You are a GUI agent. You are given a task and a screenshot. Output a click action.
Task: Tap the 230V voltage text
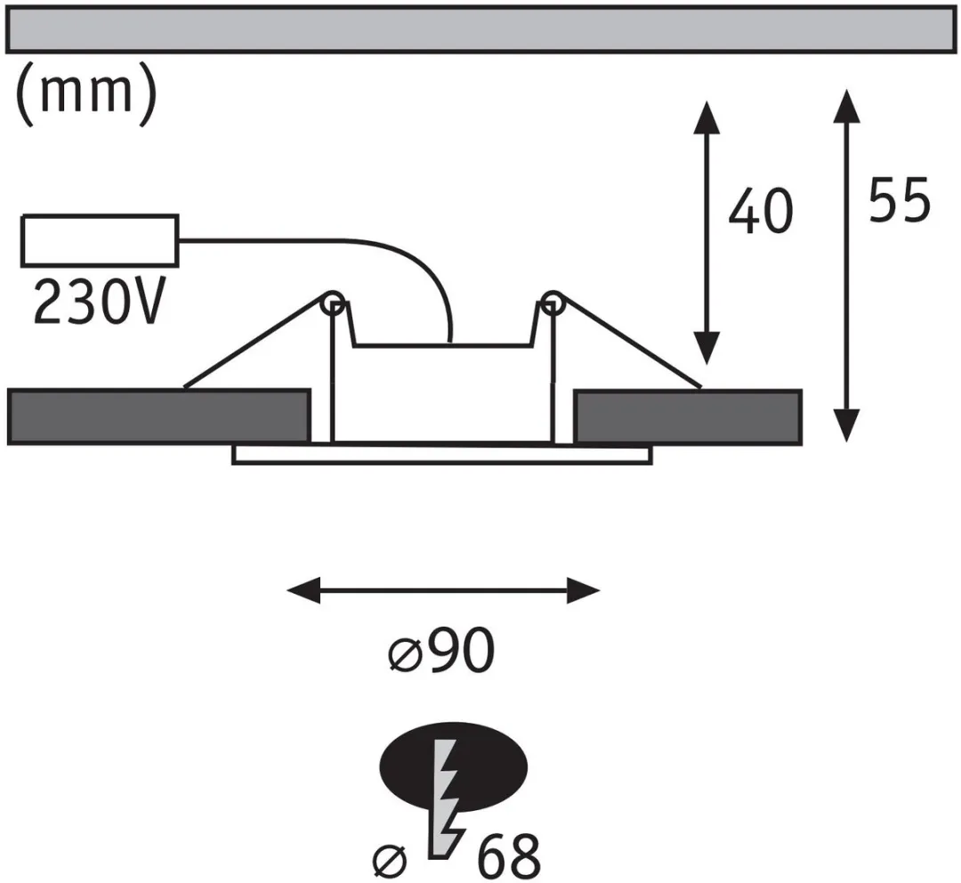pyautogui.click(x=99, y=301)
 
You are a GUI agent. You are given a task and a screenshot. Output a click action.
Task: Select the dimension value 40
pyautogui.click(x=761, y=211)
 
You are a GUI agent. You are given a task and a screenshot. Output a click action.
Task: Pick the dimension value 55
pyautogui.click(x=899, y=199)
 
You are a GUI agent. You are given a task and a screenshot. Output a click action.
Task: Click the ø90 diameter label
pyautogui.click(x=441, y=650)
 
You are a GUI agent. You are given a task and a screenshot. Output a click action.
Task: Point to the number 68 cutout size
pyautogui.click(x=509, y=855)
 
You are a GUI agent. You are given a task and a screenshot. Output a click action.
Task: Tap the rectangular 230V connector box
pyautogui.click(x=100, y=240)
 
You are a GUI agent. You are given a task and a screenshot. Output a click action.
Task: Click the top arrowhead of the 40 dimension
pyautogui.click(x=707, y=117)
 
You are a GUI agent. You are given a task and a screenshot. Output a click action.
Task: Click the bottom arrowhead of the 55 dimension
pyautogui.click(x=847, y=425)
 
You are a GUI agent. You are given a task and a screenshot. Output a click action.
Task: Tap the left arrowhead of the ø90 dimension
pyautogui.click(x=303, y=590)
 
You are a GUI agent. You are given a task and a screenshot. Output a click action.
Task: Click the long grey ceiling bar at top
pyautogui.click(x=480, y=29)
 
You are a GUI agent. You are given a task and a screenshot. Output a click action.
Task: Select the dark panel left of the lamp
pyautogui.click(x=158, y=416)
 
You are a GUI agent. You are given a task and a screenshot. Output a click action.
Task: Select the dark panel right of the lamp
pyautogui.click(x=688, y=416)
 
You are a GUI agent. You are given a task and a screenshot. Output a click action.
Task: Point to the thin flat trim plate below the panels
pyautogui.click(x=442, y=454)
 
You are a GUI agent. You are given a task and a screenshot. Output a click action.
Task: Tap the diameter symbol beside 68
pyautogui.click(x=390, y=861)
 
